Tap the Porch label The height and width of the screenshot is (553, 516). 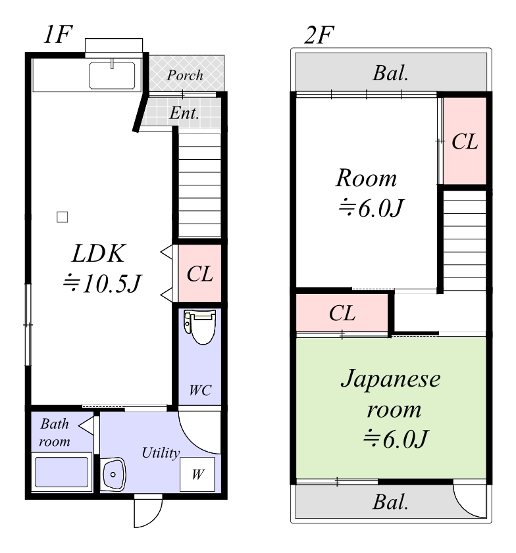pyautogui.click(x=185, y=75)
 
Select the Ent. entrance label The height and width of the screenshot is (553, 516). pyautogui.click(x=185, y=113)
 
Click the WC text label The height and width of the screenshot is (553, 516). pyautogui.click(x=200, y=390)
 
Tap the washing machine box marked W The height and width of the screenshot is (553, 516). pyautogui.click(x=197, y=474)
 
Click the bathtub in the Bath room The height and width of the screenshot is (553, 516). pyautogui.click(x=61, y=471)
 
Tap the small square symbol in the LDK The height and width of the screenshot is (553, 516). pyautogui.click(x=62, y=216)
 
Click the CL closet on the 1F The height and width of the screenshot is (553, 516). pyautogui.click(x=199, y=274)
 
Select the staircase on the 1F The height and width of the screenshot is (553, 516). pyautogui.click(x=199, y=185)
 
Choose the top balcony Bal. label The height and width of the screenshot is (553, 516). pyautogui.click(x=391, y=73)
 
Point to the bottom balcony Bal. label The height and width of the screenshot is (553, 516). pyautogui.click(x=391, y=503)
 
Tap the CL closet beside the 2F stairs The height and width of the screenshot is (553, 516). pyautogui.click(x=465, y=141)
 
